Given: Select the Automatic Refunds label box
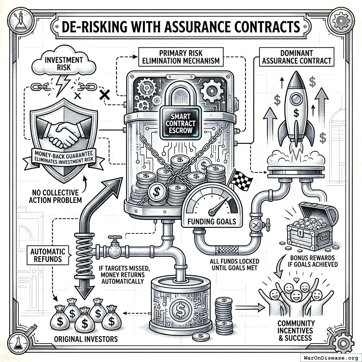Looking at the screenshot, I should coord(48,255).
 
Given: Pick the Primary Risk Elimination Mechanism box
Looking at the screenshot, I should coord(181,57).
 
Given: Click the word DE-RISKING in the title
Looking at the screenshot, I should coord(93,27).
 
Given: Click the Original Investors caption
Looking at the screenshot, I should coord(86,339).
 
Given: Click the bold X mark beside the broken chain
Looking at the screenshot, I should coord(104,94).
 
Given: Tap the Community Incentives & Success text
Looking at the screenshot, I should coord(296,330).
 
